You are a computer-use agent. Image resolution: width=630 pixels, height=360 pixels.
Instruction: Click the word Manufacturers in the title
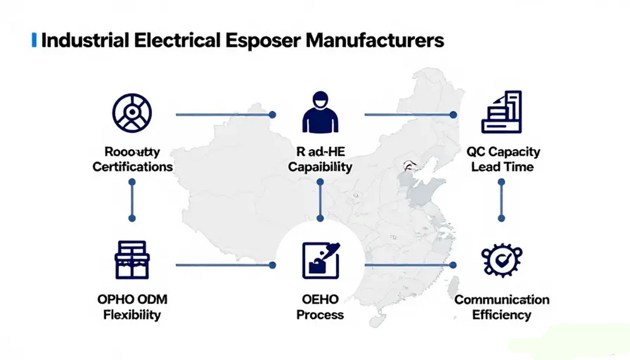click(x=375, y=41)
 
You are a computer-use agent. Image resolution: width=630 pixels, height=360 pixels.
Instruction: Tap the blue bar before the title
click(x=34, y=41)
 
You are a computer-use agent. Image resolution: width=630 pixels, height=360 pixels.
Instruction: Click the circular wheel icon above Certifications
click(x=132, y=111)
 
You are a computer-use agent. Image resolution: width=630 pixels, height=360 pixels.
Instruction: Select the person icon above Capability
click(x=320, y=114)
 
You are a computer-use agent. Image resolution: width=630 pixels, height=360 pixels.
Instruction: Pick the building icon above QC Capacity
click(x=501, y=112)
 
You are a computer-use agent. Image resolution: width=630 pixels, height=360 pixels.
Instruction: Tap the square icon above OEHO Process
click(x=320, y=260)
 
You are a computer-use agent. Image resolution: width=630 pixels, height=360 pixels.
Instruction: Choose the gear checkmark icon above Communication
click(x=501, y=260)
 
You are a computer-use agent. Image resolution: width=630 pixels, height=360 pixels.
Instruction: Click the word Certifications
click(x=133, y=167)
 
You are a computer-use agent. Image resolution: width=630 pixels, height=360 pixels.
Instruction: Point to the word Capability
click(x=320, y=167)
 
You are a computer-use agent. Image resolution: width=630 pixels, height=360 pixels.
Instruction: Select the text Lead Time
click(x=503, y=167)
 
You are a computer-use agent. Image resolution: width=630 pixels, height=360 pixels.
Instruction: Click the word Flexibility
click(x=132, y=315)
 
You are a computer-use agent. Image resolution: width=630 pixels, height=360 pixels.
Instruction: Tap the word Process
click(x=320, y=315)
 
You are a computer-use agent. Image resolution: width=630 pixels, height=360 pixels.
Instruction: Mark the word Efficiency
click(x=501, y=315)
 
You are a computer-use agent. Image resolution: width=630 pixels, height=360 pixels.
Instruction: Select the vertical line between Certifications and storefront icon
click(x=132, y=200)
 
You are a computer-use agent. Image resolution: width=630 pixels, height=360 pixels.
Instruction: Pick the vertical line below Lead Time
click(x=501, y=200)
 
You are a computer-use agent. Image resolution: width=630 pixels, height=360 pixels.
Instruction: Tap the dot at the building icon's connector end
click(x=453, y=115)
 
